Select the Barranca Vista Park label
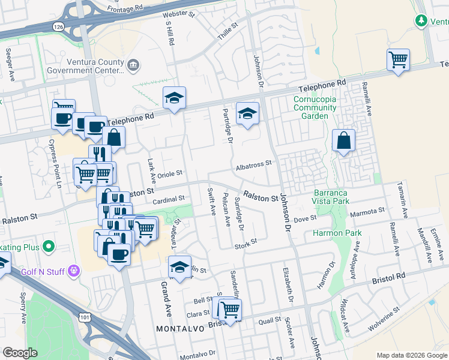[x=339, y=197]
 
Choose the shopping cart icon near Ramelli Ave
[x=398, y=60]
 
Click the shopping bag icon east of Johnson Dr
[x=343, y=142]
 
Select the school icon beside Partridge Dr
[x=247, y=113]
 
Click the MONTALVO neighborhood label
[x=180, y=329]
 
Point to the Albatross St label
[x=254, y=163]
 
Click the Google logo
[x=20, y=353]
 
